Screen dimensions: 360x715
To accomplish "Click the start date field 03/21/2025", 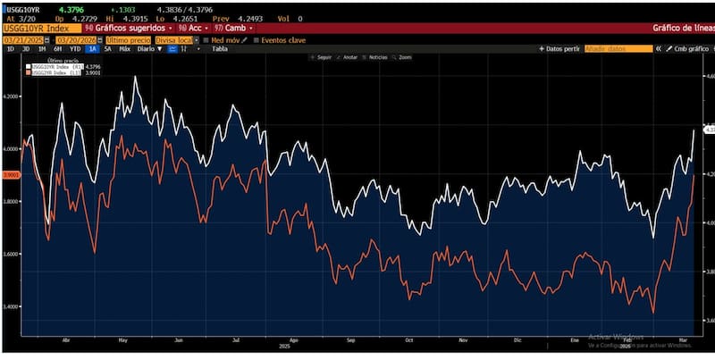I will pyautogui.click(x=24, y=40).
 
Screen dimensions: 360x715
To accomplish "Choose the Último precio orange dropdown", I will pyautogui.click(x=128, y=40).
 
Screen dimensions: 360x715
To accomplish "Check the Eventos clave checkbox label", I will pyautogui.click(x=282, y=40).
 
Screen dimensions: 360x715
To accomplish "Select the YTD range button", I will pyautogui.click(x=75, y=49).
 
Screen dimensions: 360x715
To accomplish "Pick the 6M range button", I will pyautogui.click(x=58, y=49).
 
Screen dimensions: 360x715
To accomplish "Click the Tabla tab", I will pyautogui.click(x=219, y=49).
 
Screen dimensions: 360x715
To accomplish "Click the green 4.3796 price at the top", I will pyautogui.click(x=71, y=10).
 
